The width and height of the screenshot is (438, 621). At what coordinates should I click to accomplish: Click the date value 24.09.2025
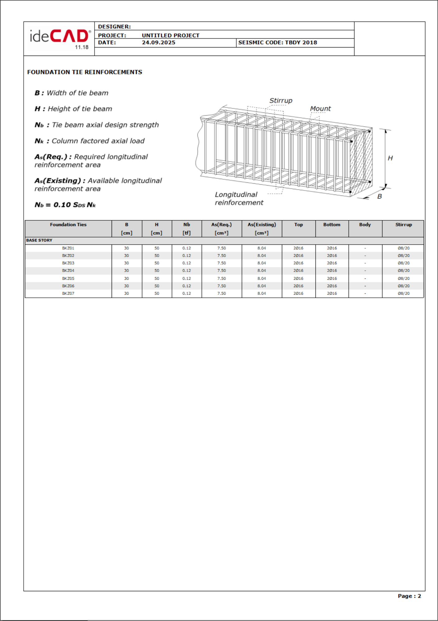coord(159,43)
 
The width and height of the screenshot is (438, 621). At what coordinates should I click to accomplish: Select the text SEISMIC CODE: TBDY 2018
coord(277,43)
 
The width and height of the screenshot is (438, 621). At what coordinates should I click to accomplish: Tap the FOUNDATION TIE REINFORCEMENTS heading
coord(85,72)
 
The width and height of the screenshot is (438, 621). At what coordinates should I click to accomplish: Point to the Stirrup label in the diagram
coord(281,101)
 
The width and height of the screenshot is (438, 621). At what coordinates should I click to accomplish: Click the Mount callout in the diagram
coord(320,109)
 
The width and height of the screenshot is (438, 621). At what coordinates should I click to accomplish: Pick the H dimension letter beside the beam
coord(390,158)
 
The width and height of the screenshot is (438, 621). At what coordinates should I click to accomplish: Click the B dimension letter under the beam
coord(380,196)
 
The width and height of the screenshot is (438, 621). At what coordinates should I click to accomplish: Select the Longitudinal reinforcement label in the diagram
coord(239,199)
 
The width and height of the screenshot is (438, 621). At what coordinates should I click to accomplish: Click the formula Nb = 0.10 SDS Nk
coord(65,205)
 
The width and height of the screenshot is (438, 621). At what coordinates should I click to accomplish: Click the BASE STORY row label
coord(39,240)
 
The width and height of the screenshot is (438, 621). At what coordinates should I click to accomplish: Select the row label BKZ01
coord(68,248)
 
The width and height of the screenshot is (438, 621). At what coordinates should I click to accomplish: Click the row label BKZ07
coord(68,293)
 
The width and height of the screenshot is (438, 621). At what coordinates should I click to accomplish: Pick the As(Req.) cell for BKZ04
coord(222,271)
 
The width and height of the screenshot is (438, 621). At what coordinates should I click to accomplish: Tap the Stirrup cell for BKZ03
coord(403,263)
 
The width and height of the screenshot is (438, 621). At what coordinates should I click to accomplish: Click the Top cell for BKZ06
coord(298,286)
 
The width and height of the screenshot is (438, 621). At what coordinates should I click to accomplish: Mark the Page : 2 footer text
coord(409,596)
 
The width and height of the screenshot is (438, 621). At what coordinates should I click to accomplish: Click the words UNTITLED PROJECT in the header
coord(171,35)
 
